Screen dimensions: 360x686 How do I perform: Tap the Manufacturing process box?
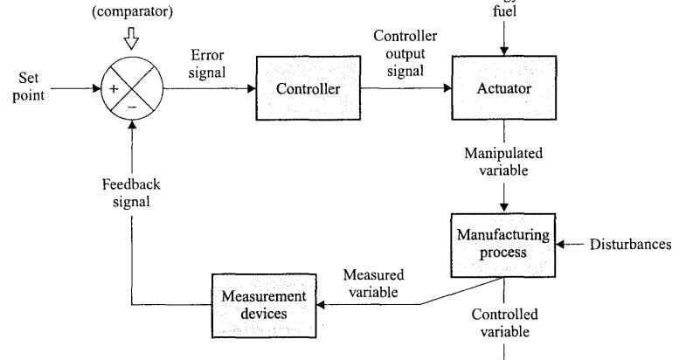click(503, 244)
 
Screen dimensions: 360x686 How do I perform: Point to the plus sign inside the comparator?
click(114, 89)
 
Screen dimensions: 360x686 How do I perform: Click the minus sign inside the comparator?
click(131, 107)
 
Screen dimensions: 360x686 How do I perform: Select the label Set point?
click(28, 87)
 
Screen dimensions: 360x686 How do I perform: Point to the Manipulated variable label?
click(503, 162)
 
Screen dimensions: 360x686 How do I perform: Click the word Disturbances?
click(631, 244)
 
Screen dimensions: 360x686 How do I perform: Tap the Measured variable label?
click(372, 282)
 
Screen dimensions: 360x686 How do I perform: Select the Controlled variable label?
click(504, 322)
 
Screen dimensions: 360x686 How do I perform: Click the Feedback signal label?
click(130, 193)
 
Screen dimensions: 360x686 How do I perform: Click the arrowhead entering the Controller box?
click(250, 89)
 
